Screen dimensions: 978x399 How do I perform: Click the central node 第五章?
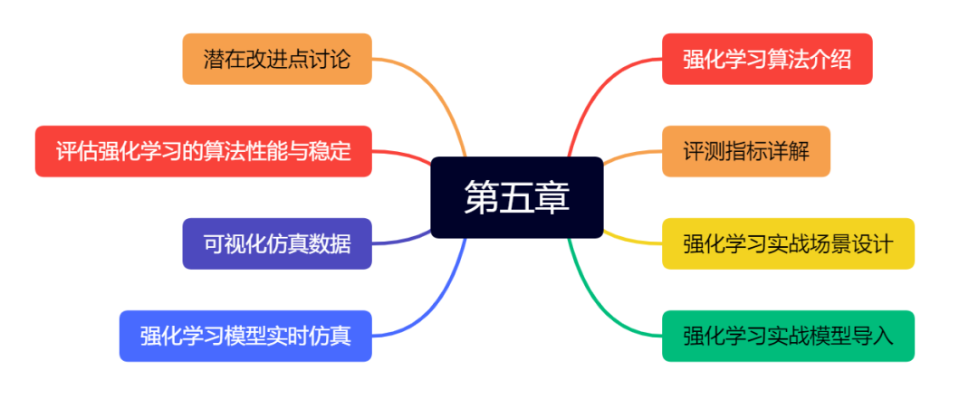(516, 197)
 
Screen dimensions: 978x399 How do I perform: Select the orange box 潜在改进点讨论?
(277, 59)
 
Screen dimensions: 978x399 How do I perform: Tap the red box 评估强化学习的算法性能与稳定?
(203, 151)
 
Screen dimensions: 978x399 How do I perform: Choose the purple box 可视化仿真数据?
(277, 243)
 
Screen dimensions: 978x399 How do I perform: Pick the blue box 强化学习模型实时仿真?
(245, 336)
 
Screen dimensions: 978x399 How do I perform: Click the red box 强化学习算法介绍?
(767, 59)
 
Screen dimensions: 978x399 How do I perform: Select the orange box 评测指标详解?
(745, 151)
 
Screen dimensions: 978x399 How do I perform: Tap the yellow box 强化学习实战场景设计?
(788, 243)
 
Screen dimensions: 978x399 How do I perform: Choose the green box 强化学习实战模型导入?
(788, 336)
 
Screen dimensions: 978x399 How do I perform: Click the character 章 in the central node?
(551, 197)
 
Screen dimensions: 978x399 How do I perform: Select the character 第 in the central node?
(481, 197)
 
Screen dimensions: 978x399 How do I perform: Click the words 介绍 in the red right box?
(830, 59)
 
